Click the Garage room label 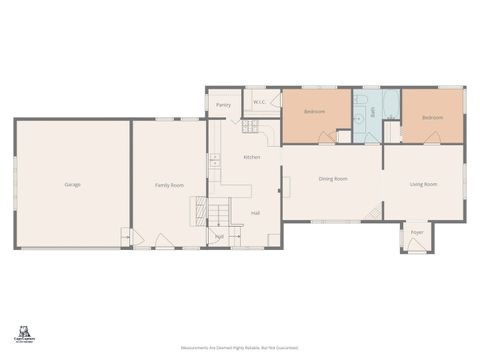[72, 185]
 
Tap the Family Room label [169, 185]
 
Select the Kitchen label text [252, 157]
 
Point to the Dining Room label [333, 179]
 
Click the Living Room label [424, 184]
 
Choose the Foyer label [417, 233]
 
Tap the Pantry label [223, 104]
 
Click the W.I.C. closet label [258, 102]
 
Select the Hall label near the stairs [256, 213]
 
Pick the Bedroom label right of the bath [432, 117]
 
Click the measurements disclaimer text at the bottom [239, 346]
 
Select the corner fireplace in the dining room [373, 212]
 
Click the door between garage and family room [127, 237]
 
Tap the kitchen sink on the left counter [214, 159]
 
